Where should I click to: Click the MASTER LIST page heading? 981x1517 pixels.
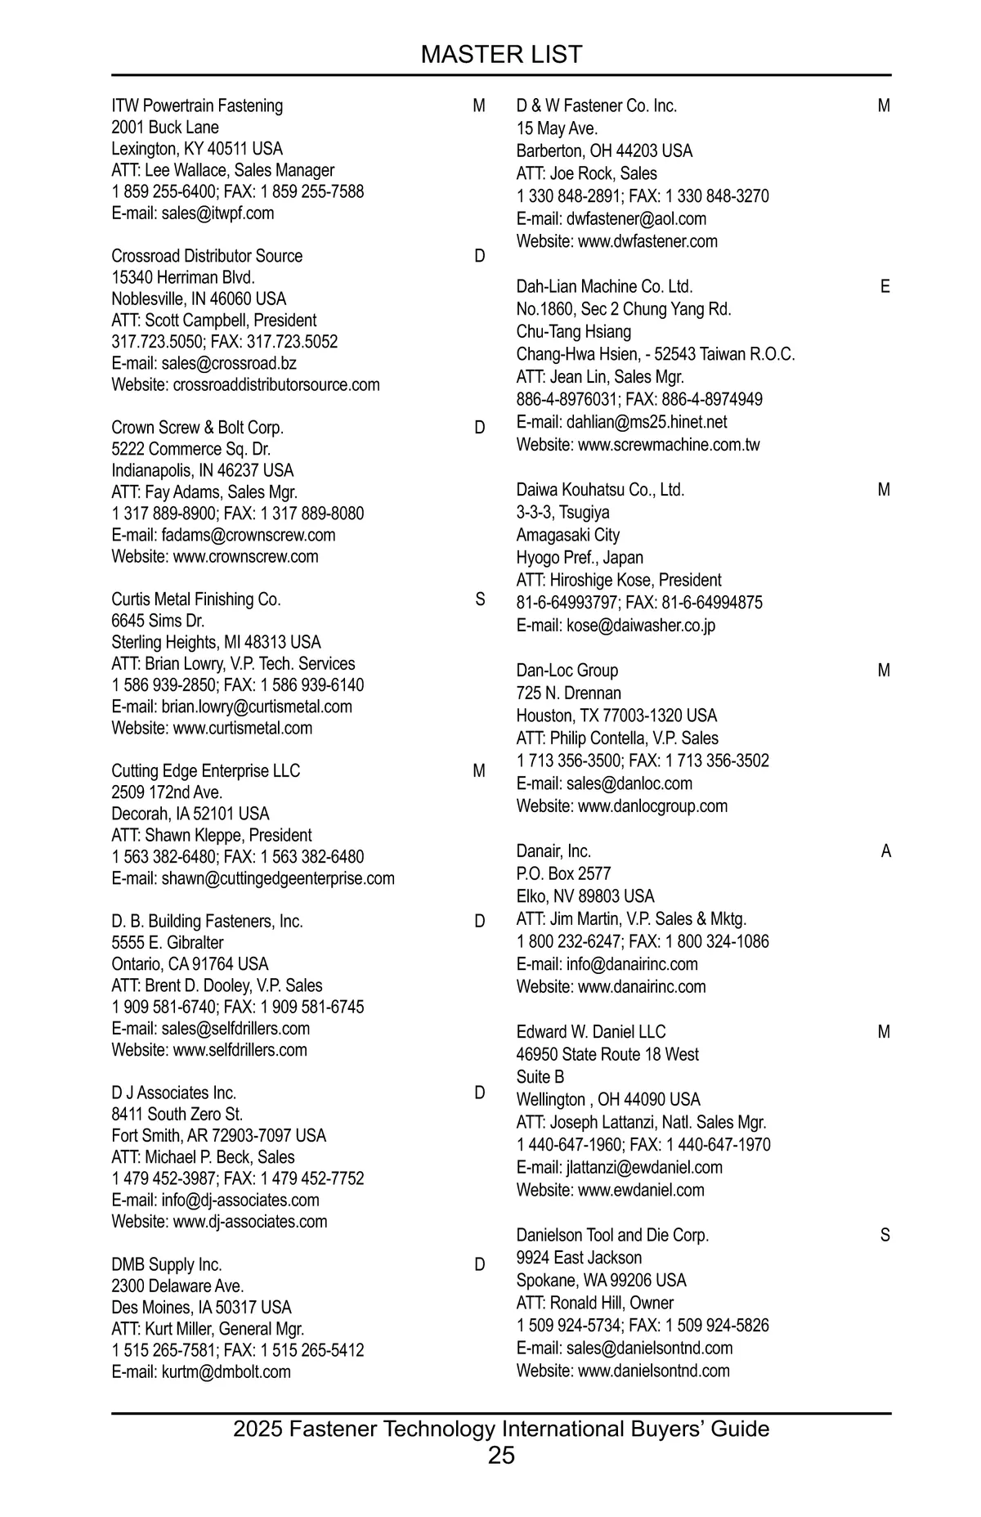click(501, 55)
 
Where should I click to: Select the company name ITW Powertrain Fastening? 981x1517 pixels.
click(197, 105)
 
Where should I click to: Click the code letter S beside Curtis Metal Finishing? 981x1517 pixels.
click(480, 599)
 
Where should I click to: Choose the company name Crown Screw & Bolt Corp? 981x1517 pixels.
click(198, 428)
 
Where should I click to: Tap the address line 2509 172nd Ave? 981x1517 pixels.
click(167, 792)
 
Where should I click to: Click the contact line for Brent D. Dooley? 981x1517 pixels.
click(217, 985)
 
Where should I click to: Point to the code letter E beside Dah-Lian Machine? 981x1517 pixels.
click(885, 286)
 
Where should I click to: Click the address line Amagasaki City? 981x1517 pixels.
click(568, 535)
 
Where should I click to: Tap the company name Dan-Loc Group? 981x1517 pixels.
click(567, 671)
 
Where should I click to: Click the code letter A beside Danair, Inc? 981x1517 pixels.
click(885, 851)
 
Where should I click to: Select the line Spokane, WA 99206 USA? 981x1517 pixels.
click(602, 1280)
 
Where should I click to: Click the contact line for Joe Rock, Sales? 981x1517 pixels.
click(586, 173)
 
